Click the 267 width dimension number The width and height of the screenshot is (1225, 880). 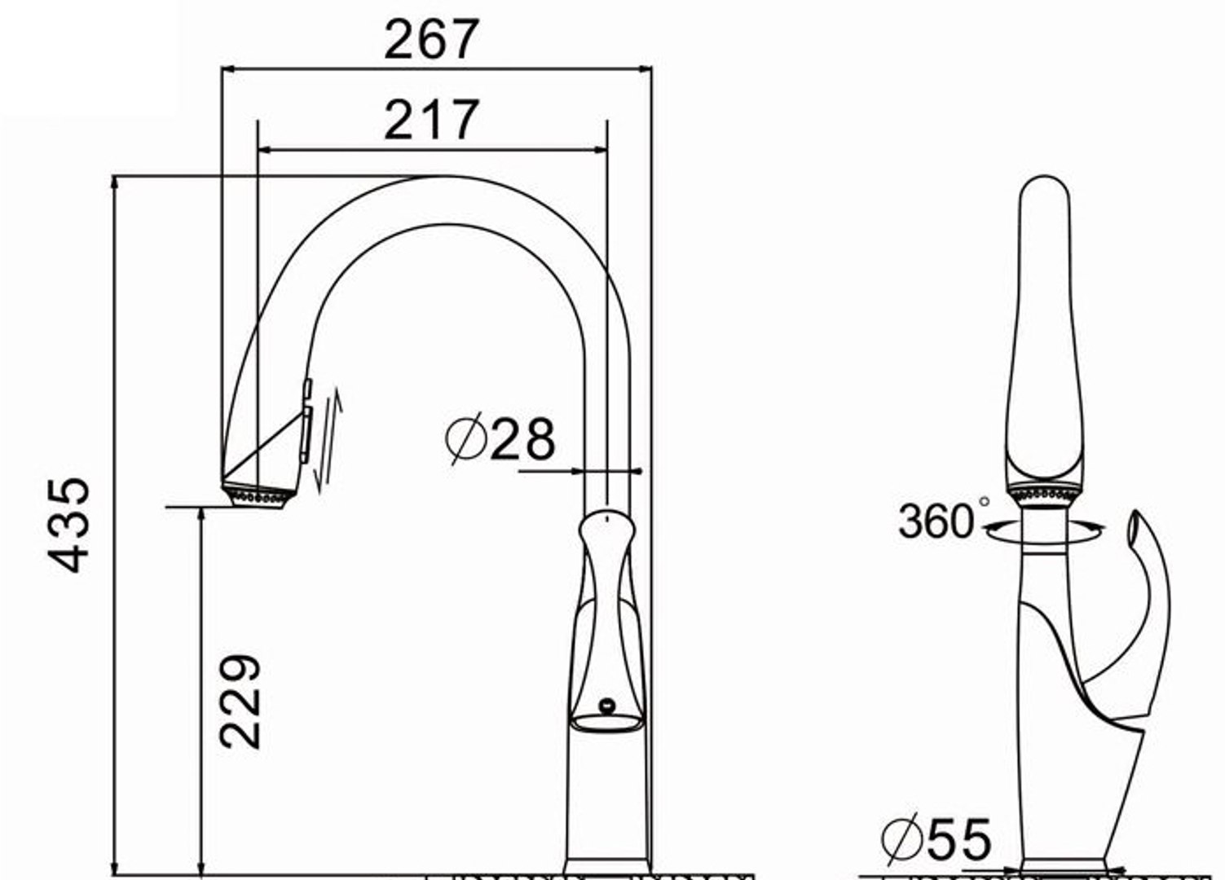click(x=431, y=39)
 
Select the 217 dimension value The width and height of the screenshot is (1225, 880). click(x=431, y=120)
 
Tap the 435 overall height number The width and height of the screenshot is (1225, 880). click(x=68, y=525)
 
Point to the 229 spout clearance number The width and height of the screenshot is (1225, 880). click(x=240, y=700)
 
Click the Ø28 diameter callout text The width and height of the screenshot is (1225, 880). click(x=500, y=439)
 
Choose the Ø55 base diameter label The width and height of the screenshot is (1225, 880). click(x=936, y=839)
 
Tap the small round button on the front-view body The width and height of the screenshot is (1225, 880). click(x=606, y=703)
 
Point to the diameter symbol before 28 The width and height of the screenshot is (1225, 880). click(x=465, y=439)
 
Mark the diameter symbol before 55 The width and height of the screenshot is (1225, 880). click(x=901, y=840)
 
